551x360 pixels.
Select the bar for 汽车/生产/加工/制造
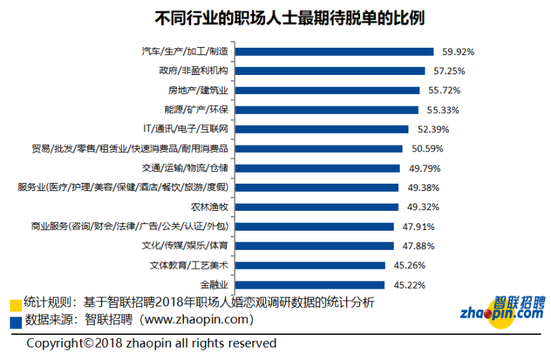tap(336, 51)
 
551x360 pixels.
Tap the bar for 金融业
tap(311, 284)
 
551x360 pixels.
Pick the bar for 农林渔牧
tap(317, 206)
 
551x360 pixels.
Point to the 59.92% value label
tap(458, 52)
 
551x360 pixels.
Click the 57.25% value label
tap(449, 71)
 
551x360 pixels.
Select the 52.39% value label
tap(432, 129)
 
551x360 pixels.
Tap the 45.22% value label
tap(408, 284)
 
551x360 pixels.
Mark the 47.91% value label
tap(418, 226)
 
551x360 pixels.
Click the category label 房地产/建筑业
tap(198, 90)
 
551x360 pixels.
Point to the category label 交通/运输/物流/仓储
tap(187, 168)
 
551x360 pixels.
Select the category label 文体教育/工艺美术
tap(188, 265)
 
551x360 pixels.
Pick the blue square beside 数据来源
tap(15, 321)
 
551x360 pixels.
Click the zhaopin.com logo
tap(503, 309)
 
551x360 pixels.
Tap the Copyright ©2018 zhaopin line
tap(151, 343)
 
